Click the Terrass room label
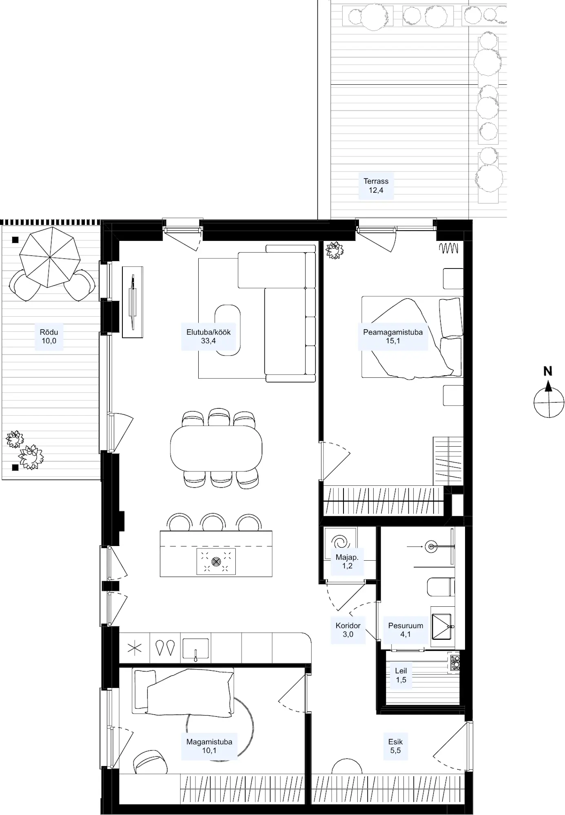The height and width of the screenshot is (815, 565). [x=376, y=185]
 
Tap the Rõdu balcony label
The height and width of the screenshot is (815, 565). [x=49, y=336]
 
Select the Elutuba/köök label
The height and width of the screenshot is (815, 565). [x=208, y=336]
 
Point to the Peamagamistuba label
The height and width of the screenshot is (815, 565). [x=393, y=336]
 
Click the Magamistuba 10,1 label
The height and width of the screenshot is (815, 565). [x=209, y=746]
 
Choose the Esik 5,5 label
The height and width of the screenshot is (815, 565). [x=395, y=746]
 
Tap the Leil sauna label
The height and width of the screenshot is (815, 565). [x=401, y=675]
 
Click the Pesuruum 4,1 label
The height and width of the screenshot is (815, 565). [x=405, y=630]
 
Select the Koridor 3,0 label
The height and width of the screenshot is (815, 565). [x=348, y=630]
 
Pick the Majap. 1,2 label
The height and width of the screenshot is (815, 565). [x=347, y=561]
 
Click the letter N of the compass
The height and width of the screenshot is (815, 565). [x=548, y=371]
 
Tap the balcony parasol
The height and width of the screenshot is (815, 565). [x=49, y=257]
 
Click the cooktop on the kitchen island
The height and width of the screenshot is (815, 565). [x=216, y=562]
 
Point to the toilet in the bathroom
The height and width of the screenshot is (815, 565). [x=441, y=587]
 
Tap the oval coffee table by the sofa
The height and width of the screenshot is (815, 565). [x=228, y=330]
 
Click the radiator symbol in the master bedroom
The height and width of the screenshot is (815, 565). [x=448, y=248]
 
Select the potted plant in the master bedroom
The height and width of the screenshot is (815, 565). [x=335, y=250]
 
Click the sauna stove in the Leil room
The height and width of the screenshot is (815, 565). [x=454, y=662]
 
